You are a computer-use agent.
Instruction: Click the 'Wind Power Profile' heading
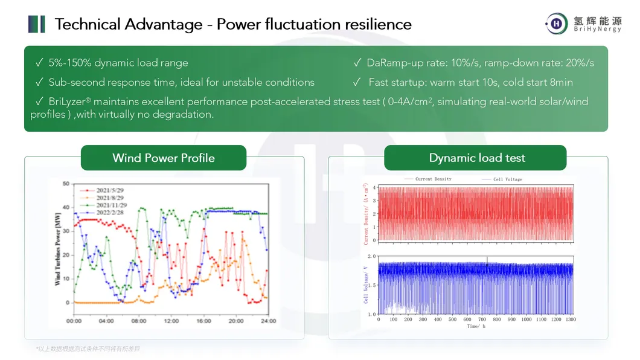click(x=164, y=158)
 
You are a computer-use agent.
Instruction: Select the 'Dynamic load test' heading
click(x=477, y=158)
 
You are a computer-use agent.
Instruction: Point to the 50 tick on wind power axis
click(x=66, y=183)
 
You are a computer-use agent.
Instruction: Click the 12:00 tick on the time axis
click(x=171, y=321)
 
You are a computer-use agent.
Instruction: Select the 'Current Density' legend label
click(x=433, y=179)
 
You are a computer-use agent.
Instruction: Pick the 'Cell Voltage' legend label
click(x=508, y=179)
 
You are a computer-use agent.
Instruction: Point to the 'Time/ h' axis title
click(x=475, y=326)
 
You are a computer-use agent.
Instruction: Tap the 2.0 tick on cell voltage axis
click(x=371, y=257)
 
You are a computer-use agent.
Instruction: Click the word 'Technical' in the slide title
click(x=87, y=25)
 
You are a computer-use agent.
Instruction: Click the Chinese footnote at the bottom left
click(x=88, y=349)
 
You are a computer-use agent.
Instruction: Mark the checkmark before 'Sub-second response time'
click(x=39, y=82)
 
